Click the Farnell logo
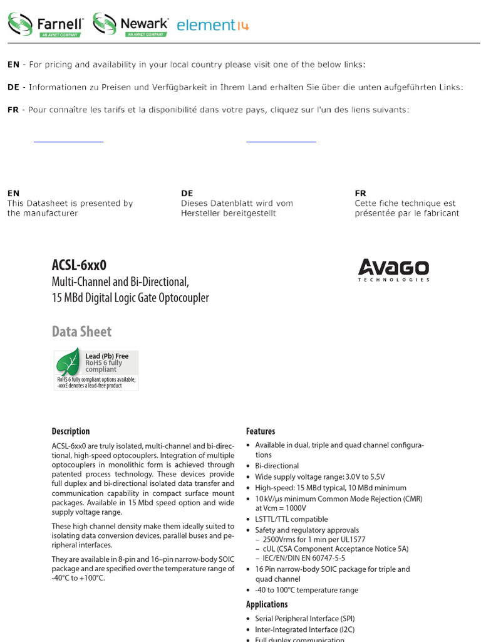click(x=45, y=24)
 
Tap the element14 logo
click(x=212, y=25)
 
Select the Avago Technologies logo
click(x=393, y=270)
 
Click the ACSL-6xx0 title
click(x=79, y=265)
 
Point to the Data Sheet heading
click(x=81, y=332)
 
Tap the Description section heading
click(x=70, y=431)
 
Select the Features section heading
click(x=261, y=431)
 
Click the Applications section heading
click(x=267, y=604)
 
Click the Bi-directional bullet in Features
click(x=277, y=466)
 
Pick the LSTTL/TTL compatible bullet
click(x=291, y=519)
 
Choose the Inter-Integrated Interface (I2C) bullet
click(x=304, y=629)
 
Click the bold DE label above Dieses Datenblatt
click(x=187, y=193)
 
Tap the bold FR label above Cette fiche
click(x=360, y=193)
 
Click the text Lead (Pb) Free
click(x=106, y=356)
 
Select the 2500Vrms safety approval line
click(x=314, y=539)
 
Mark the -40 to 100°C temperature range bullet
click(x=306, y=590)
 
